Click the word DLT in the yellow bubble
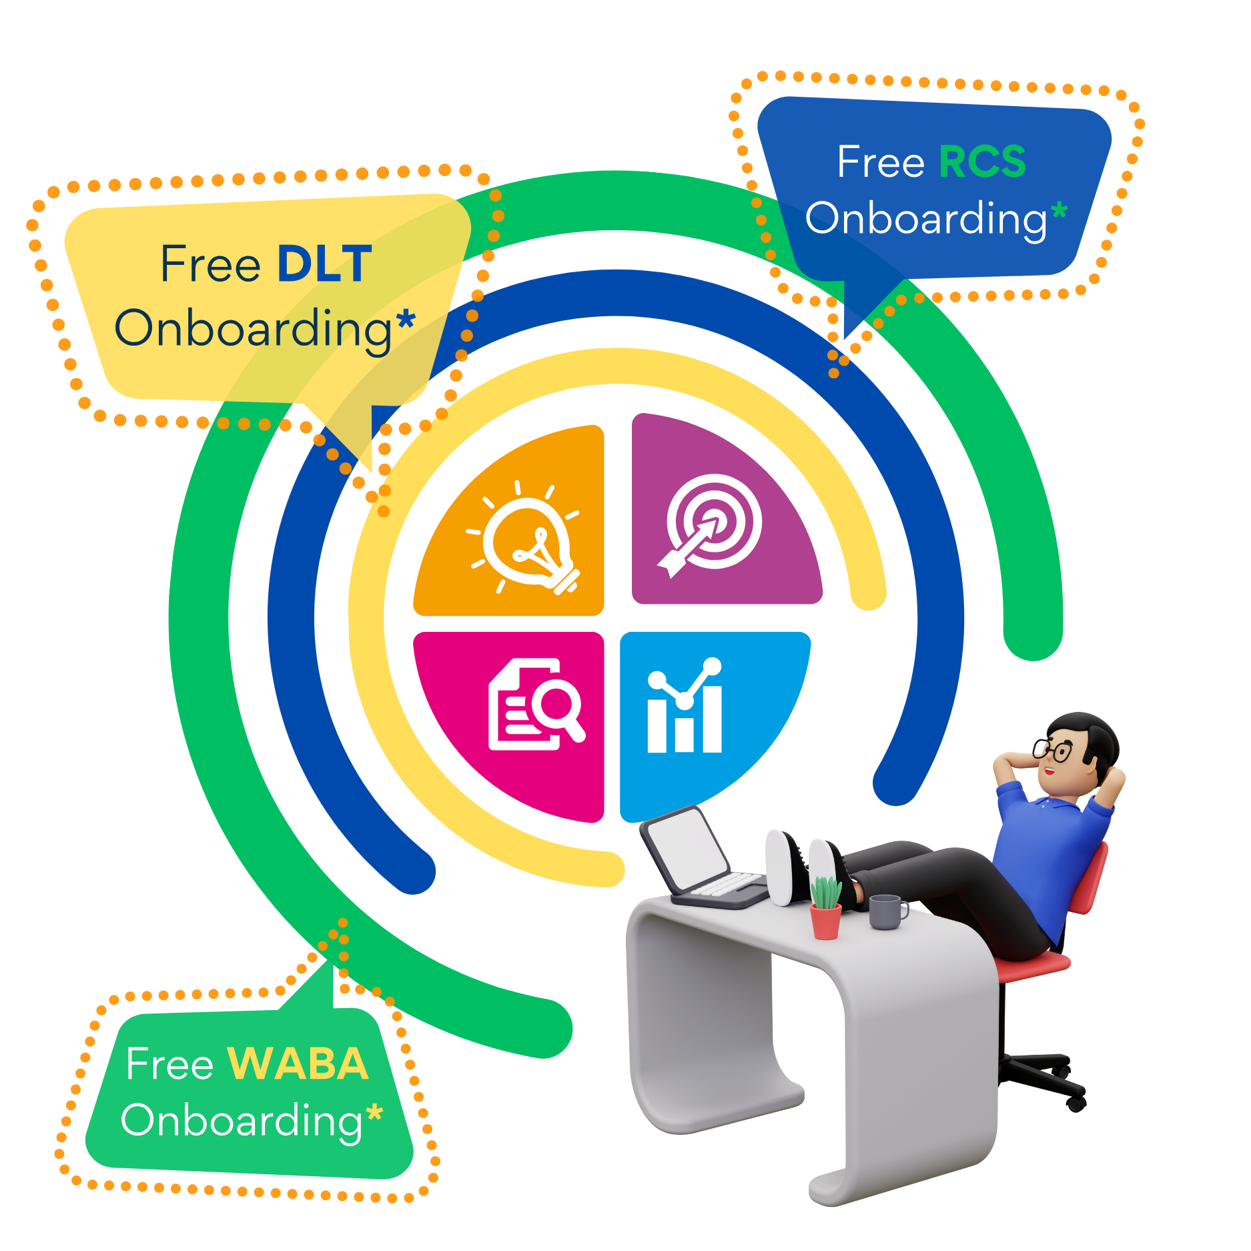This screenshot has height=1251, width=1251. [x=324, y=264]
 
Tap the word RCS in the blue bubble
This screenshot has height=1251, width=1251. [x=982, y=162]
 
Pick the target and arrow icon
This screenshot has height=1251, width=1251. [x=710, y=524]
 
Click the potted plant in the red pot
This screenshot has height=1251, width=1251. [x=825, y=907]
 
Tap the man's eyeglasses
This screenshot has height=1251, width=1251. [x=1053, y=750]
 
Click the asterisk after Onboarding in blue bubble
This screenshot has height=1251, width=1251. [x=1059, y=212]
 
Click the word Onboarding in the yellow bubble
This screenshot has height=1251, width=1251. [x=254, y=329]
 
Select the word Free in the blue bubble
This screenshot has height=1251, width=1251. [x=881, y=162]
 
